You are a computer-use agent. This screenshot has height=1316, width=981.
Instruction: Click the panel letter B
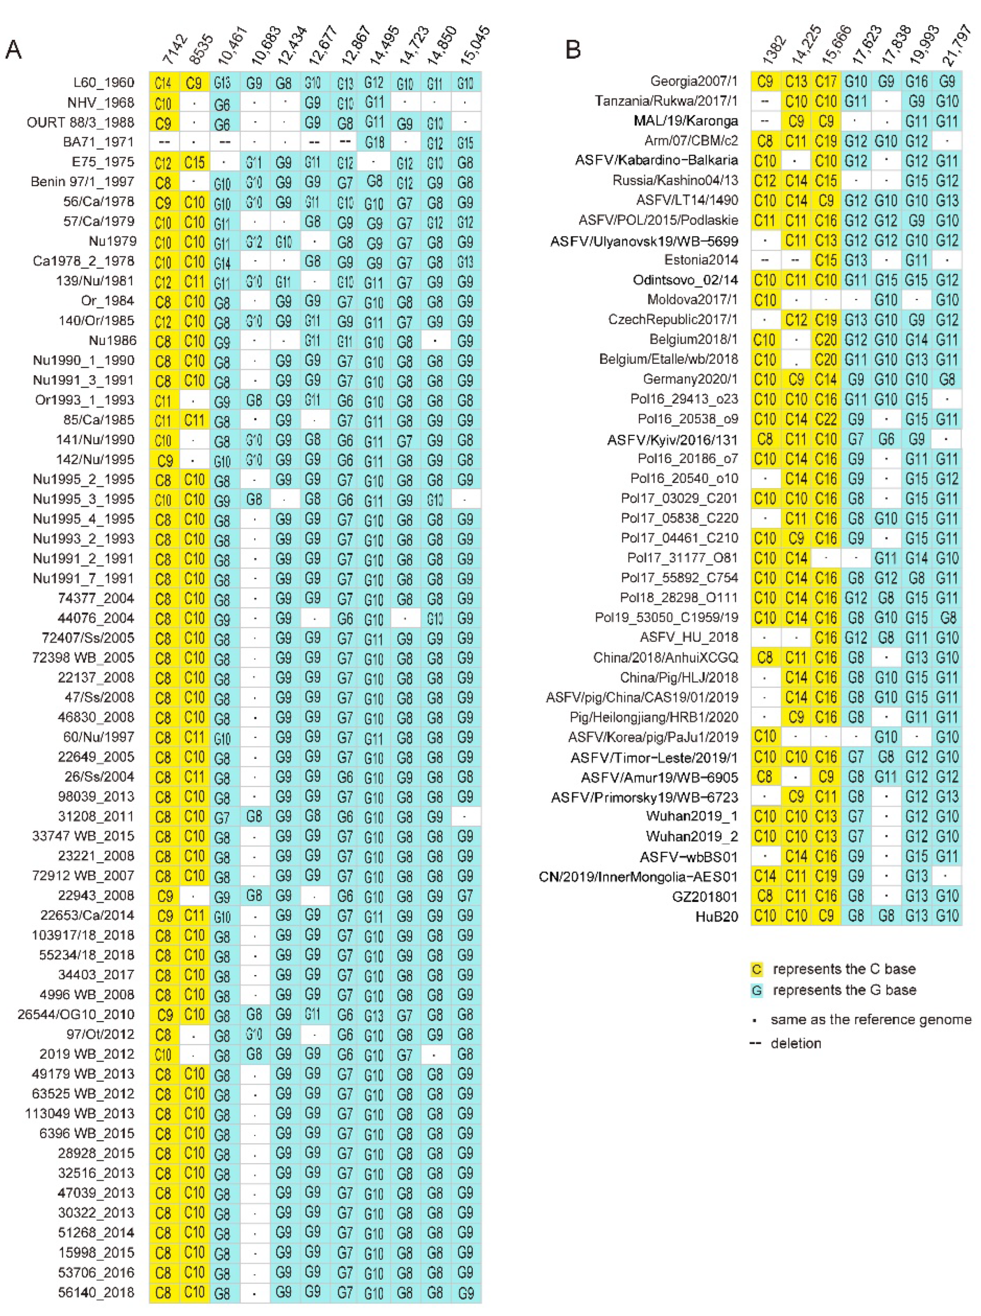(573, 50)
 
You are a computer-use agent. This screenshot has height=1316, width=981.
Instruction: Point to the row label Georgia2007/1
(694, 81)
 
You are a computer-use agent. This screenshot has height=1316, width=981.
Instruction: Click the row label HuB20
(717, 916)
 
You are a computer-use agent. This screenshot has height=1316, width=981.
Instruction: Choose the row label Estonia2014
(702, 259)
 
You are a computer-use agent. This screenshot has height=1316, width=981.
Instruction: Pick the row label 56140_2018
(96, 1292)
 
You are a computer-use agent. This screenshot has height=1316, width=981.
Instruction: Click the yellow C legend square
(757, 969)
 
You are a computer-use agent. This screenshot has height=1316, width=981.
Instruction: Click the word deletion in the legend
(796, 1043)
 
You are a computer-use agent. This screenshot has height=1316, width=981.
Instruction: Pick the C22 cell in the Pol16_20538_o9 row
(826, 419)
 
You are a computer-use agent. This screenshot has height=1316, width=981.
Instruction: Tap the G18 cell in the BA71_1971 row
(374, 143)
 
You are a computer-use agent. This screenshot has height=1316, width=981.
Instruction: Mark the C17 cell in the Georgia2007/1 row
(826, 81)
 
